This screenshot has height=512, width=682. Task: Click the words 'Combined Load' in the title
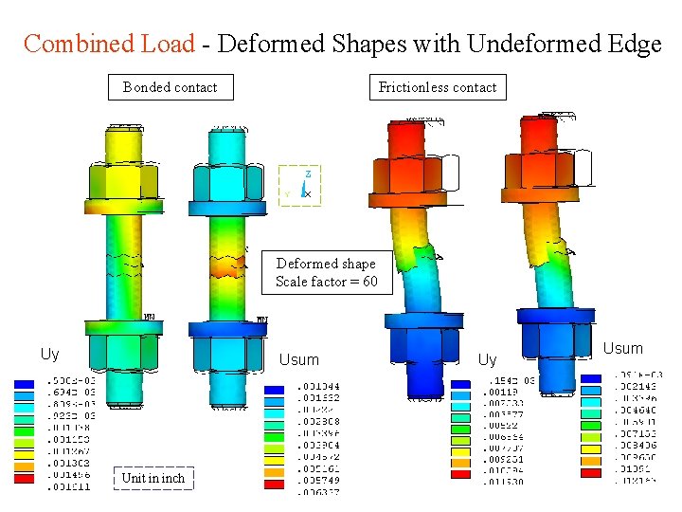pos(109,44)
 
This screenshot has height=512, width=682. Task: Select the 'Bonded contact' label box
pos(170,87)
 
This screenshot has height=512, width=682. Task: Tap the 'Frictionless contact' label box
pos(437,87)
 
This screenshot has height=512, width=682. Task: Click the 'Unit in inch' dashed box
pos(153,478)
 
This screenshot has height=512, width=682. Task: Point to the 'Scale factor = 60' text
pos(326,282)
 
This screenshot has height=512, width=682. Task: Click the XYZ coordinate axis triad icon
pos(301,185)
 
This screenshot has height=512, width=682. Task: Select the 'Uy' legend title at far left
pos(49,355)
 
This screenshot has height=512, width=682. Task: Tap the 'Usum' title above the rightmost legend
pos(622,349)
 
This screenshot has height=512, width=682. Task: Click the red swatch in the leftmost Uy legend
pos(26,486)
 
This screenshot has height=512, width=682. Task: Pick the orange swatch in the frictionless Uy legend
pos(461,471)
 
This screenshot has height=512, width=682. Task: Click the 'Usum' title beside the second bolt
pos(298,360)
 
